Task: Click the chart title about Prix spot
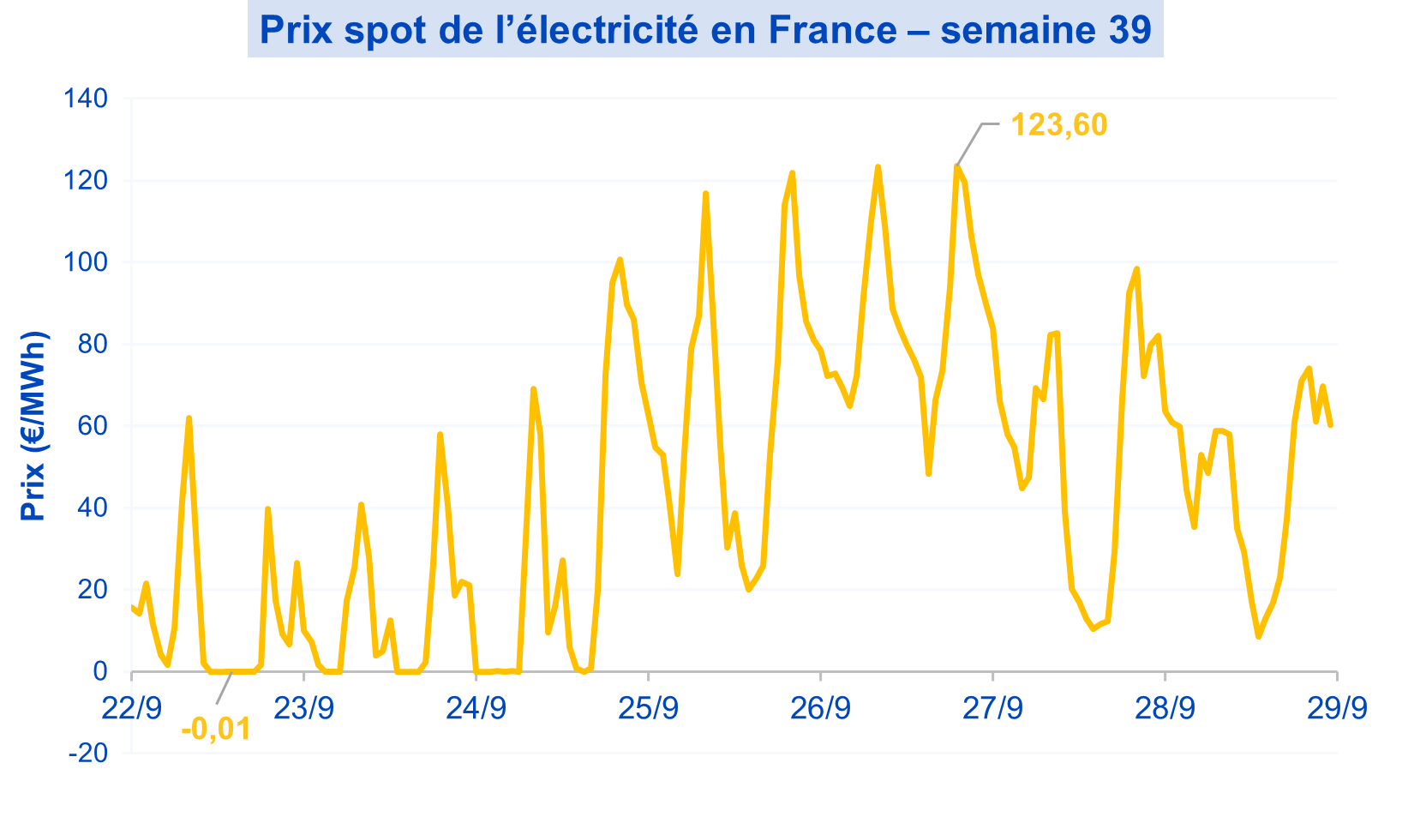704,31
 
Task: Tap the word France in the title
832,31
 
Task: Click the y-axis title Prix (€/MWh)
34,426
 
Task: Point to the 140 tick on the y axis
86,99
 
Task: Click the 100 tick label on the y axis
86,262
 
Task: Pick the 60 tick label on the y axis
93,426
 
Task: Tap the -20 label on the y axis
88,754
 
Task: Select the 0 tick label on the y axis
100,671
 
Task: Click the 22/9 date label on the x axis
132,708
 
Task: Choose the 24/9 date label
476,708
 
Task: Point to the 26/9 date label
821,708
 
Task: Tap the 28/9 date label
1165,708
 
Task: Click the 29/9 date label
1337,708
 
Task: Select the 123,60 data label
1059,125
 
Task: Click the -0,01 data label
216,730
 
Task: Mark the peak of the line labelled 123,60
956,165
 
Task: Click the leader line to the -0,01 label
224,689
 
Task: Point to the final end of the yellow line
1330,425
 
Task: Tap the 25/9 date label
649,708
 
